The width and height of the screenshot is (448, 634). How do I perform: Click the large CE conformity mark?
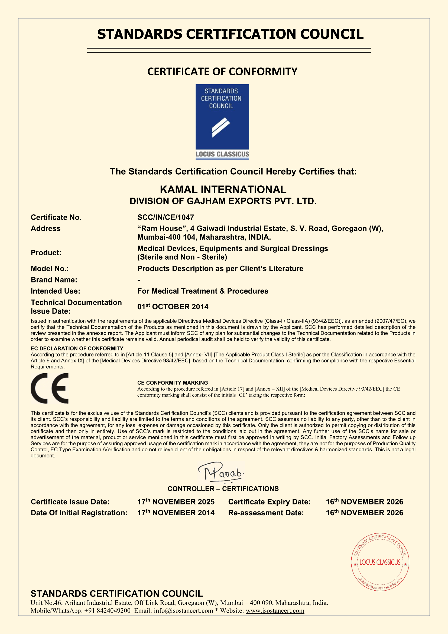(50, 388)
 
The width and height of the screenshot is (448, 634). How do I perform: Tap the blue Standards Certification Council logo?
(222, 121)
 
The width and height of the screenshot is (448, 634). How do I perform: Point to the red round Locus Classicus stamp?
(380, 562)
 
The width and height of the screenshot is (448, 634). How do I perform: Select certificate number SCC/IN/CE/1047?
(165, 217)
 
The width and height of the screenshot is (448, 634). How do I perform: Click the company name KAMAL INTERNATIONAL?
(223, 190)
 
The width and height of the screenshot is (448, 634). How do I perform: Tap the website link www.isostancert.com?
(275, 610)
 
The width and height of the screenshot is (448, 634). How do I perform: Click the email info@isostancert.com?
(183, 610)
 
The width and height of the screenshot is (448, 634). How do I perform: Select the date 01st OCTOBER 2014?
(173, 307)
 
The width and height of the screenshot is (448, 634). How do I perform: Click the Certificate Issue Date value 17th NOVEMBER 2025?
(176, 502)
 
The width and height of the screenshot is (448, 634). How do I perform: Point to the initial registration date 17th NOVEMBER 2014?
(176, 513)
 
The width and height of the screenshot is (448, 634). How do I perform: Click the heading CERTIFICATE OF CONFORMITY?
(222, 72)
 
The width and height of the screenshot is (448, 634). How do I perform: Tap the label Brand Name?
(54, 280)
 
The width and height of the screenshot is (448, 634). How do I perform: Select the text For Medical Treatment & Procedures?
(203, 291)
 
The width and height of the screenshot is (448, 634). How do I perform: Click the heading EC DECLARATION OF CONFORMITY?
(77, 349)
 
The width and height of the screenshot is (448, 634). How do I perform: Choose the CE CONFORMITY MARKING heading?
(173, 383)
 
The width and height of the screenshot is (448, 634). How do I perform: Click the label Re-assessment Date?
(266, 513)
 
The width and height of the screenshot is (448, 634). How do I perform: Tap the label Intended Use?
(56, 291)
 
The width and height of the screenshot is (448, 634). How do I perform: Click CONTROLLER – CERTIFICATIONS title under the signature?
(223, 489)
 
